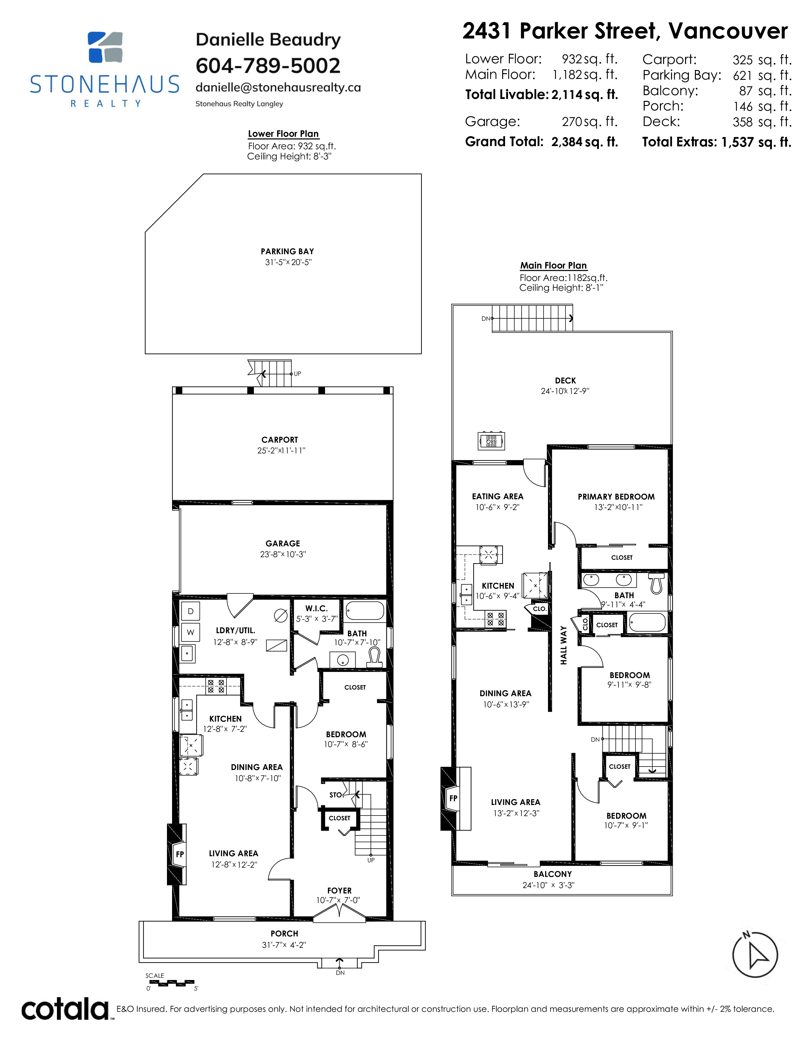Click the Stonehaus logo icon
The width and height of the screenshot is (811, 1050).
coord(105,47)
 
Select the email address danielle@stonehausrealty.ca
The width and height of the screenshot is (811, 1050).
coord(278,87)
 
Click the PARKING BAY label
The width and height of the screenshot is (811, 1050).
coord(287,251)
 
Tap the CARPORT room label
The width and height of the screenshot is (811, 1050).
coord(280,440)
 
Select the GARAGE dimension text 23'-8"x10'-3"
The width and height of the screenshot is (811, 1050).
coord(283,554)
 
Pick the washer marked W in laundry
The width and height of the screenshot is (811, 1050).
coord(190,632)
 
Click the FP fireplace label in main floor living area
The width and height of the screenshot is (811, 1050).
coord(453,799)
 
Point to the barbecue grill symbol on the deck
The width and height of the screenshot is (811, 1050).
coord(491,440)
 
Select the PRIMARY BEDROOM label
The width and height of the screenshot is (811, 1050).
coord(616,497)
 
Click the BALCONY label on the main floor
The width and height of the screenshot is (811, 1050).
coord(552,874)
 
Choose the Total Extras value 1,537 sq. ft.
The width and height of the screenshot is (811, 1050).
coord(756,142)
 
